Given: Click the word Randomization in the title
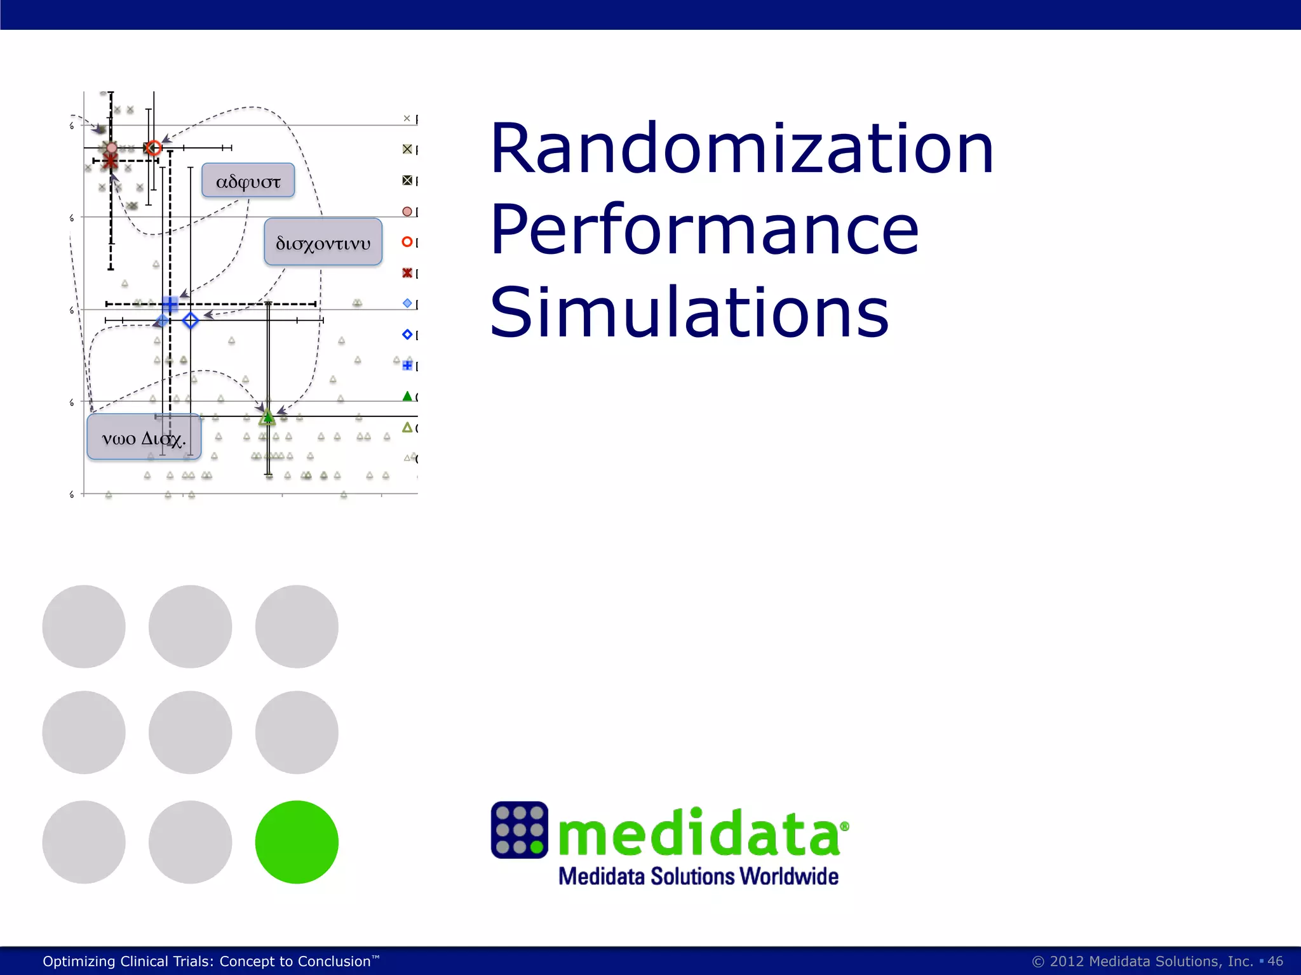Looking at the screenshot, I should coord(741,149).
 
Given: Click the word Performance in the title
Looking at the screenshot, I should coord(704,230).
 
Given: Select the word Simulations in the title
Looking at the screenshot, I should coord(689,312).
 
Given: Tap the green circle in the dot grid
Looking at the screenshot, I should coord(297,842).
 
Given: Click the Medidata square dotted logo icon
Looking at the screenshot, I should coord(519,830).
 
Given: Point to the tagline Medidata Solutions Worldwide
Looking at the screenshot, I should coord(698,877).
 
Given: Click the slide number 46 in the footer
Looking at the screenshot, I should coord(1275,961).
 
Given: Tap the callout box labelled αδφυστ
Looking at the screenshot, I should coord(248,181).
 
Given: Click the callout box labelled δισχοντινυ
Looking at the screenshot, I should coord(323,242).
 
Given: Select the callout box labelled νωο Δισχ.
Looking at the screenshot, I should coord(144,437).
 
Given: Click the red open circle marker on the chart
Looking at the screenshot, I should coord(154,148).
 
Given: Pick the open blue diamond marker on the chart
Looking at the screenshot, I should coord(191,321).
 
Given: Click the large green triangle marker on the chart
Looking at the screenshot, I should coord(267,417).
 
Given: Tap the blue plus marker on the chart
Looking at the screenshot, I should coord(170,304).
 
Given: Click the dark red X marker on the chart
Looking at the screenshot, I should coord(111,161).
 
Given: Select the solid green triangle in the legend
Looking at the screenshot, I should coord(407,396).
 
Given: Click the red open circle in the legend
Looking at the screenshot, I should coord(407,242).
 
